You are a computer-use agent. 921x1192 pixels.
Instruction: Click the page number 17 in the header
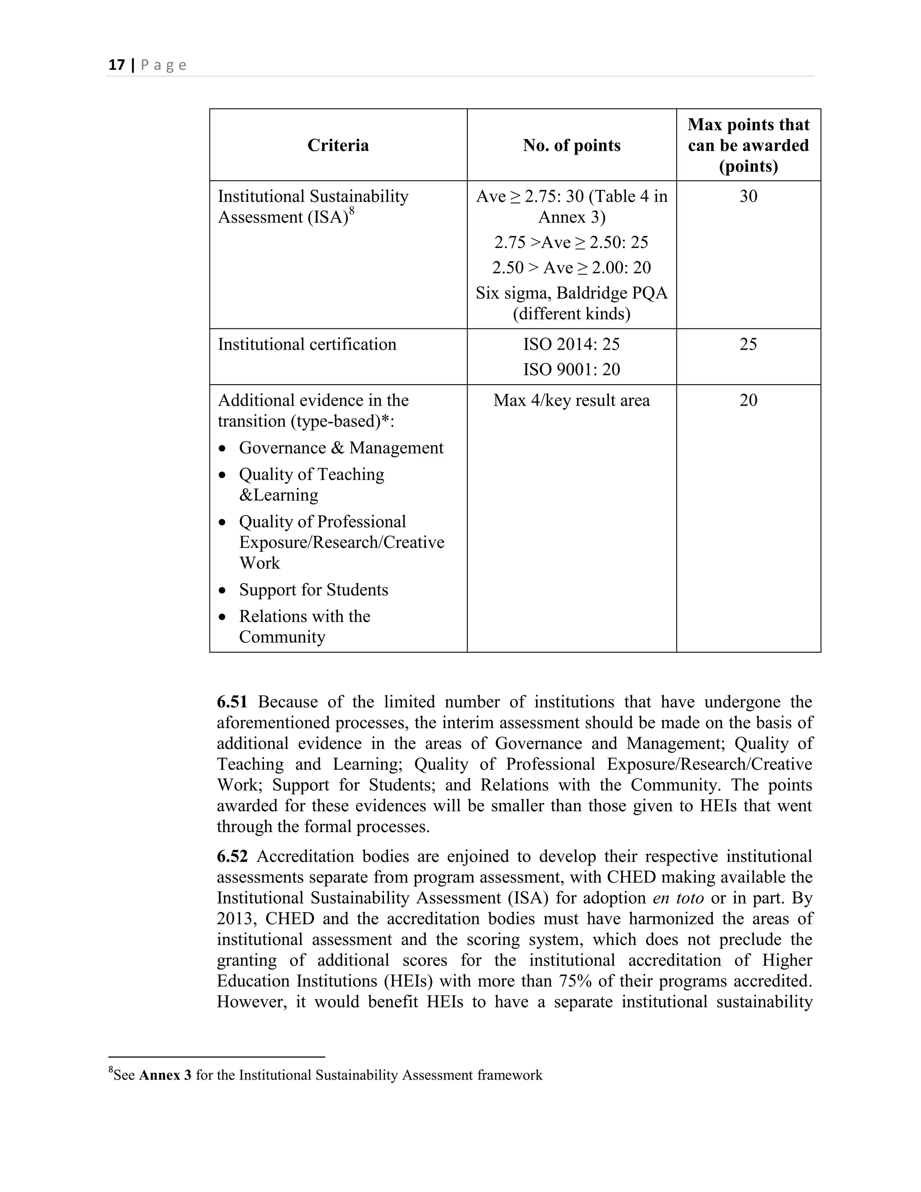(x=117, y=66)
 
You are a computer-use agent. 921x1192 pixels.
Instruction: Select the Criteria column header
(x=338, y=145)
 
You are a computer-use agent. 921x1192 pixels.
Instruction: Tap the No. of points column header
(x=571, y=145)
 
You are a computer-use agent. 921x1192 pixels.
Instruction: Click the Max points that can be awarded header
(x=748, y=145)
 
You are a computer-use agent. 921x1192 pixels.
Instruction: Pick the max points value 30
(x=748, y=197)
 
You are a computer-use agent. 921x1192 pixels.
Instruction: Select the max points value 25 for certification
(x=748, y=345)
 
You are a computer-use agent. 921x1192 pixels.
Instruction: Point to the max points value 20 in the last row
(x=748, y=401)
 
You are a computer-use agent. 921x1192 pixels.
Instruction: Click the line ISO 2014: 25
(x=571, y=345)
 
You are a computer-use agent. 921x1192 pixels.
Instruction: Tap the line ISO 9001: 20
(x=571, y=369)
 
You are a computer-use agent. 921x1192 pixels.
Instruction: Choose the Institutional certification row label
(x=307, y=345)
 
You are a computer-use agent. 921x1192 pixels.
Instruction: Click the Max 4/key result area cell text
(x=571, y=401)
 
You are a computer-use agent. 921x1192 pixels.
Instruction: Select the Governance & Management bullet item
(x=341, y=448)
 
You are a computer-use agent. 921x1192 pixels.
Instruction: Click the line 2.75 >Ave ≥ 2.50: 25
(x=571, y=242)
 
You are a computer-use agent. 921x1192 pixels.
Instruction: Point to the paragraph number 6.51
(x=232, y=702)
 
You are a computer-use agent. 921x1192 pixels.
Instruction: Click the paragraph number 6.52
(x=232, y=856)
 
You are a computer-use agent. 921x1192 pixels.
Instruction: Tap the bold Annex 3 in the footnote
(x=165, y=1075)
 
